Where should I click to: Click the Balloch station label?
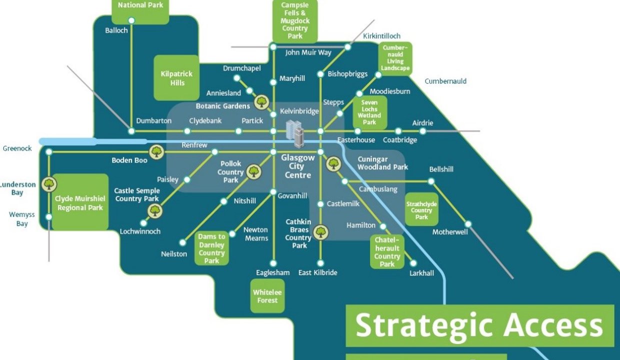(116, 30)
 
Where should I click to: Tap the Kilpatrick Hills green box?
(176, 78)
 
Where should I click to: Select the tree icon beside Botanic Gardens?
(261, 102)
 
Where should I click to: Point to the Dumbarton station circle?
(131, 131)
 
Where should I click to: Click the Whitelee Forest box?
(267, 296)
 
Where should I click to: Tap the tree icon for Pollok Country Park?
(254, 171)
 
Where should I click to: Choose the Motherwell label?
(450, 232)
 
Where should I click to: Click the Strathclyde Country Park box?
(421, 210)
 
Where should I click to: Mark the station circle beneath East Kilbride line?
(320, 263)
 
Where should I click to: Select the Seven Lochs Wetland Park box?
(369, 112)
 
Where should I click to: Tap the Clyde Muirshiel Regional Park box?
(80, 202)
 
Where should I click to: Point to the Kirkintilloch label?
(382, 36)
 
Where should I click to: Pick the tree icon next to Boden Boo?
(157, 151)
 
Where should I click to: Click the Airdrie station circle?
(422, 131)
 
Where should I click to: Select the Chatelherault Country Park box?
(387, 252)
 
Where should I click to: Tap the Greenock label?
(17, 148)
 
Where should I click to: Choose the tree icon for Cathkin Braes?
(320, 231)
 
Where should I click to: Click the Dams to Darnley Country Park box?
(211, 248)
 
